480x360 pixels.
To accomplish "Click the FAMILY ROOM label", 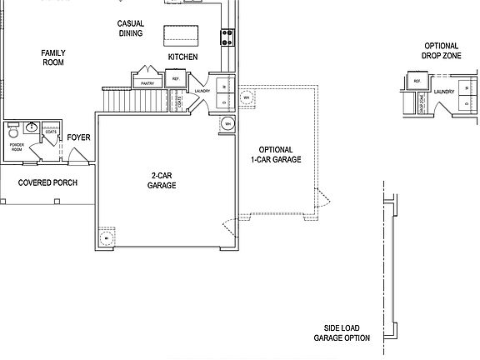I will [x=53, y=57].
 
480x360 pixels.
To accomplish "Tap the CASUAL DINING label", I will [x=131, y=29].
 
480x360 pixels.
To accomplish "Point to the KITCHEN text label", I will [x=182, y=57].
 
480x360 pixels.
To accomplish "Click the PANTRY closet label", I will [x=147, y=83].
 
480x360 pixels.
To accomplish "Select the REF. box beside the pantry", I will [x=176, y=78].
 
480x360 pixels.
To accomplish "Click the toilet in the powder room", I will [x=12, y=133].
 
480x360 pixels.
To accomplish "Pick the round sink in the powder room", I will [x=32, y=127].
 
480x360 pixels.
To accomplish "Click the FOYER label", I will [x=78, y=137].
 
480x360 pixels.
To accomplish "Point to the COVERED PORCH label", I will [x=47, y=182].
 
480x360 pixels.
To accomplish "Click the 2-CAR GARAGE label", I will [x=162, y=180].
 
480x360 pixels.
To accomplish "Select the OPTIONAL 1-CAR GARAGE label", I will [x=275, y=154].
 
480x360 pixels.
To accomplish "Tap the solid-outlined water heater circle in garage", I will [x=227, y=125].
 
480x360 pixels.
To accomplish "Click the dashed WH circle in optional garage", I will [x=246, y=97].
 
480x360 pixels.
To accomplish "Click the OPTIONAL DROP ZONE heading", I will [x=441, y=51].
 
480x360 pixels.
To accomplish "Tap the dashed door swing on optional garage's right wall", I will [x=320, y=200].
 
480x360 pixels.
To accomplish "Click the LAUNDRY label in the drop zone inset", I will [x=443, y=92].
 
